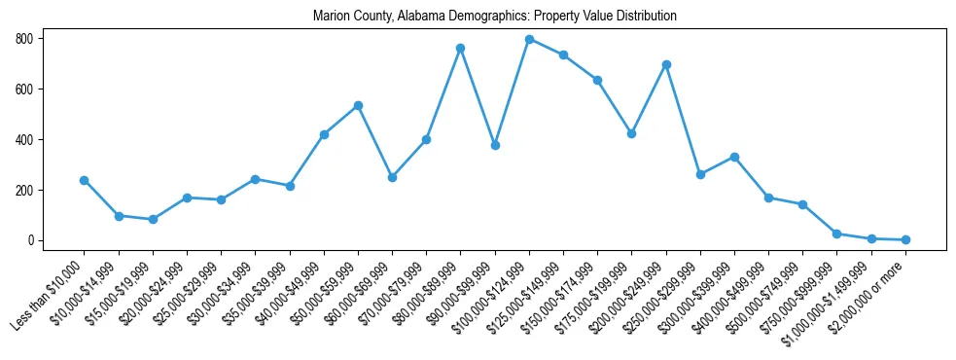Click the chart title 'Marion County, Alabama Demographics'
(x=494, y=17)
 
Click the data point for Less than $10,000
(x=84, y=180)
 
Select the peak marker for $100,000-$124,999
(x=529, y=39)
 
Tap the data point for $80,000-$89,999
(x=460, y=48)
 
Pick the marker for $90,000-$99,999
(x=495, y=145)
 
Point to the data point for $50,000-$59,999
(x=358, y=105)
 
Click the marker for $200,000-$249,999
(x=666, y=64)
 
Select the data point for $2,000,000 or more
(x=905, y=239)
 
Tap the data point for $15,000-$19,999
(x=153, y=219)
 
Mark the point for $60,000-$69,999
(x=392, y=177)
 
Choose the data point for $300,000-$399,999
(x=734, y=157)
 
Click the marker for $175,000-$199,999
(x=632, y=133)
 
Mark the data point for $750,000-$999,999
(x=836, y=234)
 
